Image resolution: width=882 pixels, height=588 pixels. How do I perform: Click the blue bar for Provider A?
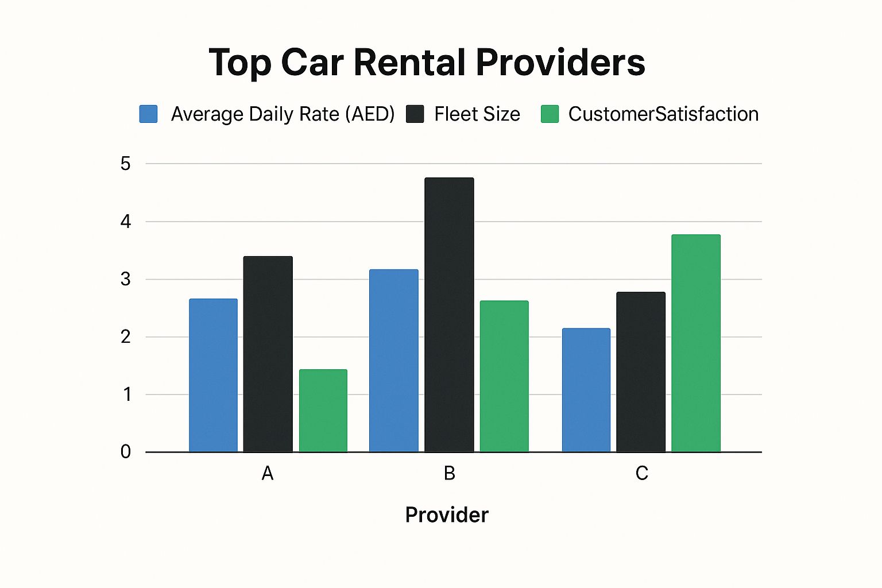click(213, 376)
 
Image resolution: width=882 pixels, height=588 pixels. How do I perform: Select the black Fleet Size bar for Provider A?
click(268, 354)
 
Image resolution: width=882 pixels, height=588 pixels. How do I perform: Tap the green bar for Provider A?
click(323, 411)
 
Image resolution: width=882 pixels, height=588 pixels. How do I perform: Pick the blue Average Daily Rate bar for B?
click(393, 361)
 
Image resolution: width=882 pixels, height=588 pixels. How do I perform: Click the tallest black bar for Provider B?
click(449, 315)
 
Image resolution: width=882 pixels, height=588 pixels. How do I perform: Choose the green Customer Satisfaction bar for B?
click(504, 376)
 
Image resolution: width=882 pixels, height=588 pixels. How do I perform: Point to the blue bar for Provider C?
click(586, 390)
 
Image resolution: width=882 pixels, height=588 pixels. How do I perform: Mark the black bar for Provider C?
click(641, 372)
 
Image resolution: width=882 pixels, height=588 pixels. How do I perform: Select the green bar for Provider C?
click(696, 343)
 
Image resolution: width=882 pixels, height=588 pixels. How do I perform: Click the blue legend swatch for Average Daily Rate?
click(149, 114)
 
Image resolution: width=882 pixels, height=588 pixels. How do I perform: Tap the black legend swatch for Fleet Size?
click(415, 114)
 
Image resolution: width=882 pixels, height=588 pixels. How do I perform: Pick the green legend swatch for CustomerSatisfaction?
click(550, 114)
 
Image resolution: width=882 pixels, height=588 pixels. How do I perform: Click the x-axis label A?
click(268, 473)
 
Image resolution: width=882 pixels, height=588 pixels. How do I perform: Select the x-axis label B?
click(450, 473)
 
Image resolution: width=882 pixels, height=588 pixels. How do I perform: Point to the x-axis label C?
click(641, 473)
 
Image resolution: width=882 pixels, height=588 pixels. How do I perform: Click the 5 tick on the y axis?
click(126, 164)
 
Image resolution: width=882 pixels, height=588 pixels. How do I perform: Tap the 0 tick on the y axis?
click(126, 452)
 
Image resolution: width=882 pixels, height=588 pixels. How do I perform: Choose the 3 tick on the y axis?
click(126, 279)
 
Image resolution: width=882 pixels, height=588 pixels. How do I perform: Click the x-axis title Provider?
click(447, 514)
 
